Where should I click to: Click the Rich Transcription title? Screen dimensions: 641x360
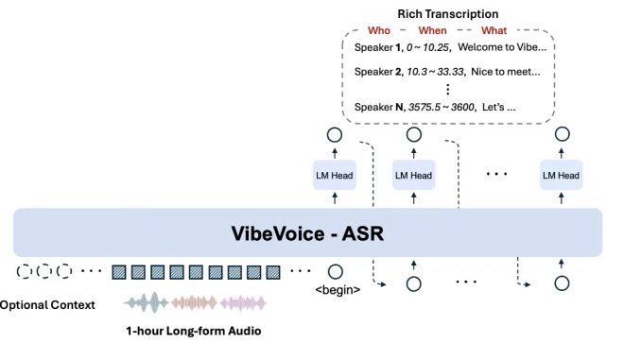coord(447,14)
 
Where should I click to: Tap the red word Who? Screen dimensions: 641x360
coord(379,30)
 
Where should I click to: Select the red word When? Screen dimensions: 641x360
coord(432,30)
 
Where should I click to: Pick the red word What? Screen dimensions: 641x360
coord(494,30)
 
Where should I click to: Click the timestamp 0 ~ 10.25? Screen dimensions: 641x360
coord(427,47)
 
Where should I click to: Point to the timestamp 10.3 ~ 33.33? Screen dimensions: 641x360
coord(435,72)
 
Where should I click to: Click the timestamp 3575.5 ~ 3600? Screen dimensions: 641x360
coord(442,107)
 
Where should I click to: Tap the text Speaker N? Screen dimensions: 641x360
coord(378,107)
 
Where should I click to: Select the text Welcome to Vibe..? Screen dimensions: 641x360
coord(502,47)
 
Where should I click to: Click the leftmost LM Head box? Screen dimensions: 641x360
coord(335,176)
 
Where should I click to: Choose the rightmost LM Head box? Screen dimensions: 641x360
coord(561,176)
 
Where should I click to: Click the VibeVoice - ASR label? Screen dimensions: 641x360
coord(307,233)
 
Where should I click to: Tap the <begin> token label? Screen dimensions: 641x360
coord(338,290)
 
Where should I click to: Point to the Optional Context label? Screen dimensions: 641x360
coord(47,305)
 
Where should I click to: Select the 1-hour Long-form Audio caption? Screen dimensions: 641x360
coord(194,331)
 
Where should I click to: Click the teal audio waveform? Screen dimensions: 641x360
coord(147,302)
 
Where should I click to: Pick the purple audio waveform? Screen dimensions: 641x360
coord(243,303)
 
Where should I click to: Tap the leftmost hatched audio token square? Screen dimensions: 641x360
coord(119,272)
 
